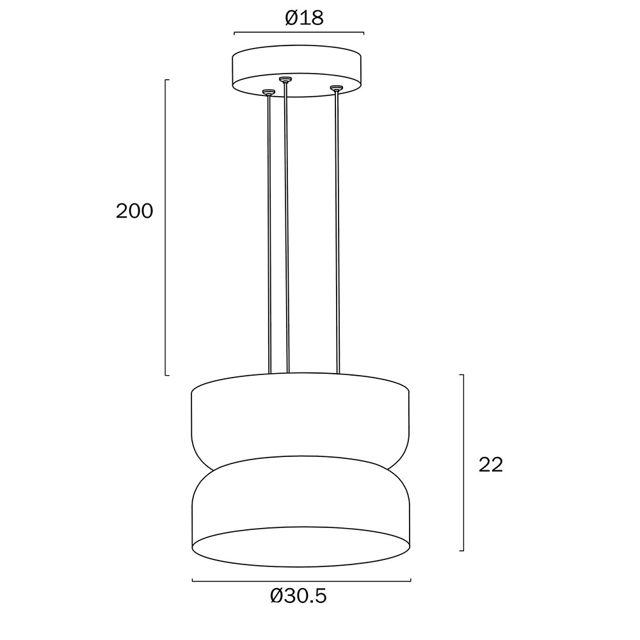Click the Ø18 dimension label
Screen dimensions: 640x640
click(304, 18)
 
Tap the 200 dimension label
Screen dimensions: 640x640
click(134, 211)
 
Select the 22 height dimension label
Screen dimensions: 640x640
click(491, 465)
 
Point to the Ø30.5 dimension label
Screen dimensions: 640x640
click(298, 596)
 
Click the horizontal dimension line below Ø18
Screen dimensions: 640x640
click(299, 33)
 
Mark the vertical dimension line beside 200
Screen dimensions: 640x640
click(166, 227)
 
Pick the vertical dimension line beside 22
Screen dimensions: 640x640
click(463, 463)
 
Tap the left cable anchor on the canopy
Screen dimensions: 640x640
click(268, 92)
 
